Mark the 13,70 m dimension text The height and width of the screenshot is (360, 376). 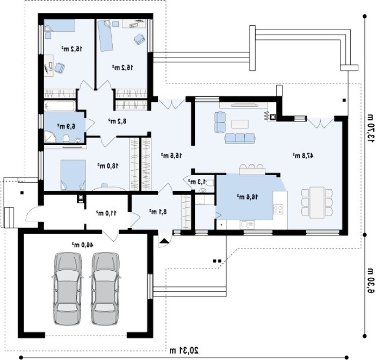(x=370, y=126)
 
